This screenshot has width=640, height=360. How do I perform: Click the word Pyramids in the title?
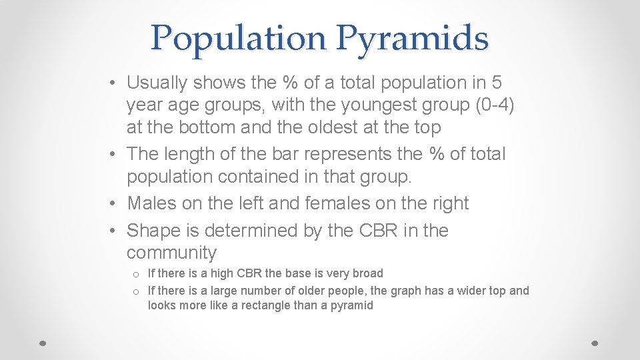tap(412, 39)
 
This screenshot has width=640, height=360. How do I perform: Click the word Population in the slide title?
tap(237, 39)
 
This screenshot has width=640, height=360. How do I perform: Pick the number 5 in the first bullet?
tap(497, 83)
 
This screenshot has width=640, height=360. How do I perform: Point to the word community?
tap(171, 253)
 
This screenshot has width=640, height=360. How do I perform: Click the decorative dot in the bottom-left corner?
tap(41, 343)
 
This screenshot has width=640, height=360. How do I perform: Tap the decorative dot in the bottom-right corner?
tap(595, 343)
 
